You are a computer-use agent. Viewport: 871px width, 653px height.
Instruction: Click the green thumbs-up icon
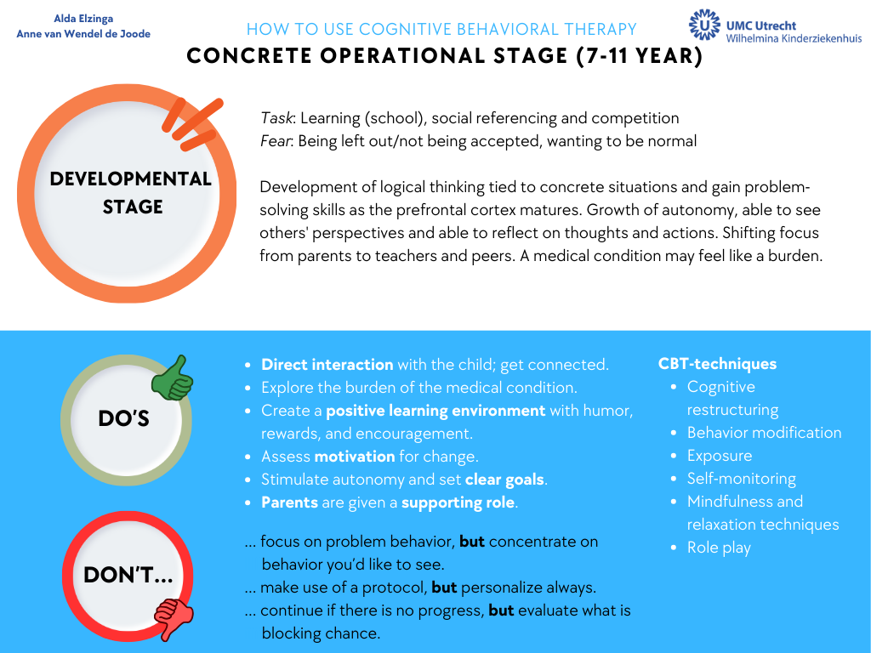point(172,378)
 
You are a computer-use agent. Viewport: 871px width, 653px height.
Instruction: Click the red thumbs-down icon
point(174,619)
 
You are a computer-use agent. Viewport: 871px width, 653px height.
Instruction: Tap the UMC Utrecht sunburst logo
point(703,25)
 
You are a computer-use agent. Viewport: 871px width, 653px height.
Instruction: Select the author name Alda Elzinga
point(83,19)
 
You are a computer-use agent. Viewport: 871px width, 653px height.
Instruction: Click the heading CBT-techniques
point(717,364)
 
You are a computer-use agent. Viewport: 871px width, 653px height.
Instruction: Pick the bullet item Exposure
point(720,456)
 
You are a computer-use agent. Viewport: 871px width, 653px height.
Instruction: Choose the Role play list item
point(719,548)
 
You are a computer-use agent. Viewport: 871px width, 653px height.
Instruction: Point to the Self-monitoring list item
point(742,479)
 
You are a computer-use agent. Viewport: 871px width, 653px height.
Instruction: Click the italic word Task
point(276,117)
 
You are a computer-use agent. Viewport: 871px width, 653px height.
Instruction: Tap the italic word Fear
point(276,141)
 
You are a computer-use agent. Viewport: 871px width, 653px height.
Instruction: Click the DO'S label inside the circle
point(124,418)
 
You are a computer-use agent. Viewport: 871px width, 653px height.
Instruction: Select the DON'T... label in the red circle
point(128,576)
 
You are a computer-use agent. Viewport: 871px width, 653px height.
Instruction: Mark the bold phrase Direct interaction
point(327,364)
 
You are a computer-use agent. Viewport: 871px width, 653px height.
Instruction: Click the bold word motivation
point(355,457)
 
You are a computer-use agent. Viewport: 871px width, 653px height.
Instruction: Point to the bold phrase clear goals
point(504,480)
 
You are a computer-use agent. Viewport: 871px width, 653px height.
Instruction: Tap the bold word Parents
point(289,503)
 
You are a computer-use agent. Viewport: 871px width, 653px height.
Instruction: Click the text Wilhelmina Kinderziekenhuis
point(794,38)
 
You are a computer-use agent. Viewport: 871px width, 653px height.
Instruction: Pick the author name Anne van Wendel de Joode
point(83,34)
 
